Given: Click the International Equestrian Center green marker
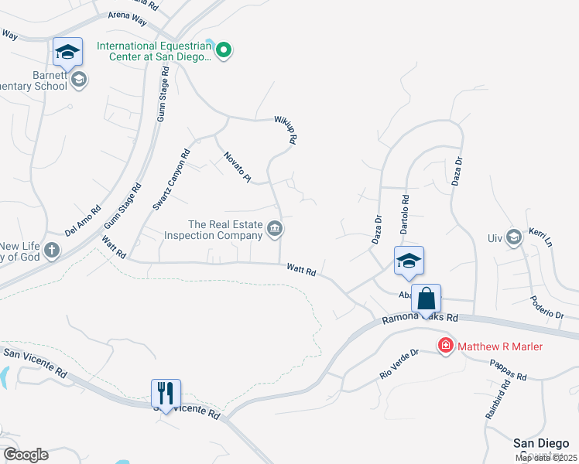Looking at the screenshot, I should [224, 51].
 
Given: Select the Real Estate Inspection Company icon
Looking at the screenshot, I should [275, 229].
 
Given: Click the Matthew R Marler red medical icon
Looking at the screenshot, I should [446, 346].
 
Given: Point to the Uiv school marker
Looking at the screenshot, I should [513, 237].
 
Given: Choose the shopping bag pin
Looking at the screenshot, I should [426, 299].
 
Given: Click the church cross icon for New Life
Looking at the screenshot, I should [51, 250].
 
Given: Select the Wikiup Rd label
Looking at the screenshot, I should [285, 130].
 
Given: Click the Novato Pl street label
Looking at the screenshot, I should [238, 167].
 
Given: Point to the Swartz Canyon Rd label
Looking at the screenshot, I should [171, 179].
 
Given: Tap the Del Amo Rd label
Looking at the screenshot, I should [83, 220].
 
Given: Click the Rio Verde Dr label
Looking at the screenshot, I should [399, 363].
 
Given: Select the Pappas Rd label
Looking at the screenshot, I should [508, 371].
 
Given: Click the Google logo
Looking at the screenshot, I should [26, 455].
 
